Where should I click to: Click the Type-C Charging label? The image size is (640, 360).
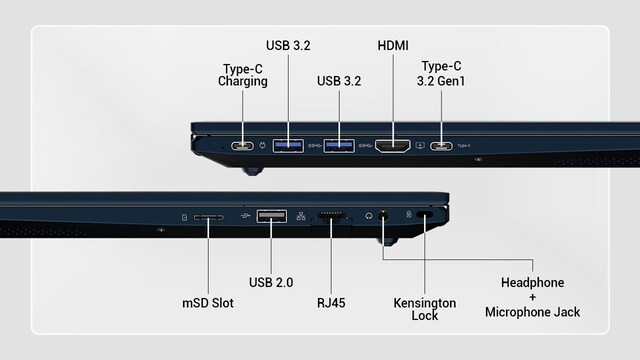click(242, 75)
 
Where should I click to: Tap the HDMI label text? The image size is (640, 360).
click(393, 45)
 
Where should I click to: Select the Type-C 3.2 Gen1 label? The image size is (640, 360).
click(441, 73)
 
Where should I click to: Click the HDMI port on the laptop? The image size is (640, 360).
click(393, 146)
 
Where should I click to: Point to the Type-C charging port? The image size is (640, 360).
click(242, 146)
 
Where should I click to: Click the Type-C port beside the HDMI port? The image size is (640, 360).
click(441, 146)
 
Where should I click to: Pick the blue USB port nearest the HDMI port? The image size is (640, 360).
click(339, 145)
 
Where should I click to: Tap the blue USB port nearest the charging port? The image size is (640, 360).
click(288, 145)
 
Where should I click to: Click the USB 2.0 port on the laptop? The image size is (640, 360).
click(271, 216)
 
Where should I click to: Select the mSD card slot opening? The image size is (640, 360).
click(209, 218)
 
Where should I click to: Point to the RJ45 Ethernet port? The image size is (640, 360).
click(331, 216)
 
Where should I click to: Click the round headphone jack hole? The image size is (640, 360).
click(383, 216)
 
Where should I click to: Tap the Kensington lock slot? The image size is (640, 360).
click(425, 215)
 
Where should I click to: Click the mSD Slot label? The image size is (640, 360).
click(208, 303)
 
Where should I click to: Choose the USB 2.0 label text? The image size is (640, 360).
click(271, 282)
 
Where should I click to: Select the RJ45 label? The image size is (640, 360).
click(331, 303)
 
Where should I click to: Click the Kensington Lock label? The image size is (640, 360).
click(424, 309)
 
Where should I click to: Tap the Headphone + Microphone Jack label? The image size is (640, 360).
click(532, 297)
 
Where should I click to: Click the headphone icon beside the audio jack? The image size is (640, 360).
click(369, 216)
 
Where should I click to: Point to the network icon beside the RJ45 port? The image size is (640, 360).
click(301, 216)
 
